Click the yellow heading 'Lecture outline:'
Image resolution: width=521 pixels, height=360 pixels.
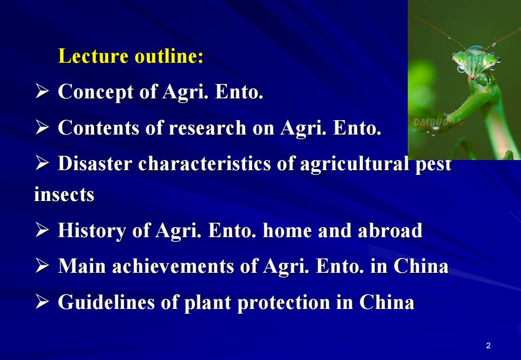[131, 55]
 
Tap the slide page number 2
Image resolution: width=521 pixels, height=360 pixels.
[488, 346]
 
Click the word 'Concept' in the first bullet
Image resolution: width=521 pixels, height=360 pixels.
[96, 92]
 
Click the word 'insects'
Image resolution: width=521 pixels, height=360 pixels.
[64, 195]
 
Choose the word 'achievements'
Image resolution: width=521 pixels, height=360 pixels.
[173, 266]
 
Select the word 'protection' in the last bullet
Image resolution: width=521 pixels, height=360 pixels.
[284, 303]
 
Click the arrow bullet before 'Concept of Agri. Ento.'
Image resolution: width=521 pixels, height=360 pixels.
[42, 91]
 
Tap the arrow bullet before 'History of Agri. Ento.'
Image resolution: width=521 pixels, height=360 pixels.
[42, 230]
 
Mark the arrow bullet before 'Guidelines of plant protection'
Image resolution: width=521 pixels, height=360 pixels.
[42, 302]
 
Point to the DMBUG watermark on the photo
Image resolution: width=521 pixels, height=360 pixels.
[438, 123]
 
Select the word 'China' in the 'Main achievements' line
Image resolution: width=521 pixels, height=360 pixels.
[421, 266]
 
